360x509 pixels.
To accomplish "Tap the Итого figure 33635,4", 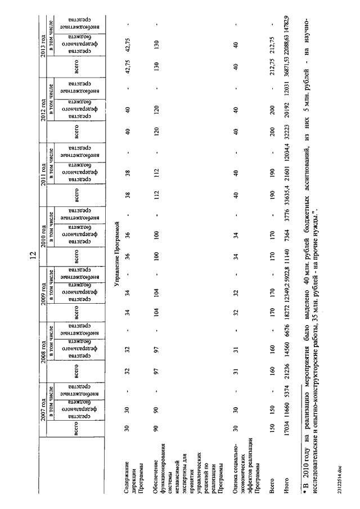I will [286, 193].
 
